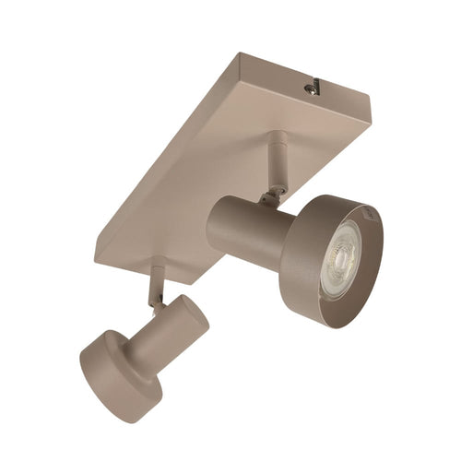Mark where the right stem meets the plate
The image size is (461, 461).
coord(276,138)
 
